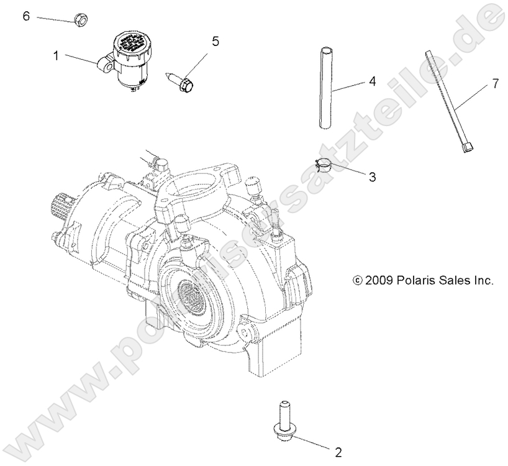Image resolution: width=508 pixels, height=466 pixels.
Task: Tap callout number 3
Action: point(373,178)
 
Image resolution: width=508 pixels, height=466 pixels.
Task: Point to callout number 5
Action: point(215,42)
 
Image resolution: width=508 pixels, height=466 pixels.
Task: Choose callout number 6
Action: point(26,16)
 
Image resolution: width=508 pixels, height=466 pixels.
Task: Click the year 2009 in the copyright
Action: point(377,280)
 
